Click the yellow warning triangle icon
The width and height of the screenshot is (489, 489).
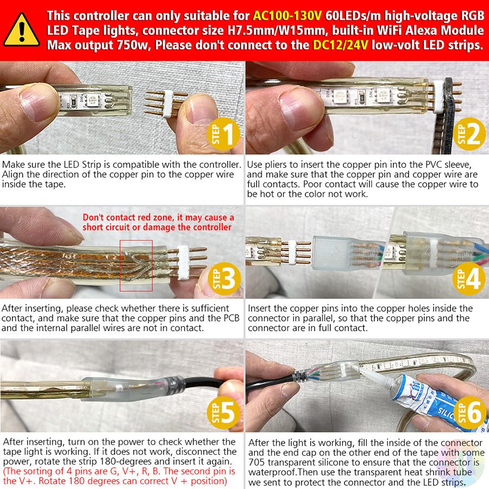(x=21, y=30)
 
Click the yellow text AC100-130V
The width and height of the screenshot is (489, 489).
(x=286, y=16)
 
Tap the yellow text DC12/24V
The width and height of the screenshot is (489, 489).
(x=340, y=45)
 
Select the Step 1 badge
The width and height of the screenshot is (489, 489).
(x=223, y=134)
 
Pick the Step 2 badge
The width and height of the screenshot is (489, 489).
(x=469, y=134)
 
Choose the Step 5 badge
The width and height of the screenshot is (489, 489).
(x=223, y=412)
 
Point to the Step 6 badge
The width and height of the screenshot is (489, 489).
(x=469, y=412)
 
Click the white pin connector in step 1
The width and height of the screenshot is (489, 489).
(x=168, y=104)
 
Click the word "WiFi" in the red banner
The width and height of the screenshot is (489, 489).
(x=391, y=30)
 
